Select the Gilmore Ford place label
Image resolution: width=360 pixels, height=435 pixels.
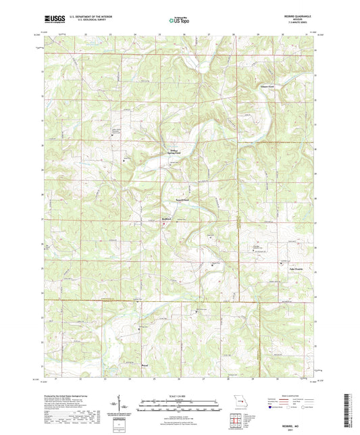(266, 87)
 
